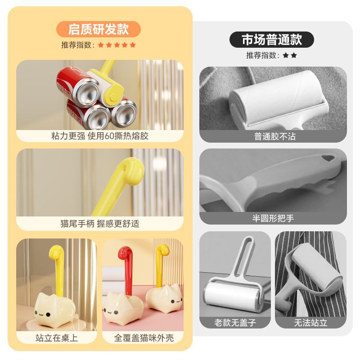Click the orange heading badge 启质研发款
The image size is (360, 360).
click(98, 29)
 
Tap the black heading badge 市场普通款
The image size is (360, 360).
click(272, 40)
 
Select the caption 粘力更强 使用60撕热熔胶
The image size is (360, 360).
click(99, 136)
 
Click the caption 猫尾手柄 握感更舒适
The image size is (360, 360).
click(99, 223)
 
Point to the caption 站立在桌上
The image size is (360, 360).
click(57, 338)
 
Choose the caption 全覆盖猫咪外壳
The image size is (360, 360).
click(144, 338)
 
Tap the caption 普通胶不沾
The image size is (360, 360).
click(274, 136)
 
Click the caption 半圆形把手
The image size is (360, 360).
click(273, 218)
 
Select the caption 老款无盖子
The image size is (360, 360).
click(235, 323)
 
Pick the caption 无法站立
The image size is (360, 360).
click(310, 323)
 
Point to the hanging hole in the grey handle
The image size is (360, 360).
click(328, 158)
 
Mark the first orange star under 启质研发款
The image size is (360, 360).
click(101, 45)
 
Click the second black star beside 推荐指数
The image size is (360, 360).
click(294, 55)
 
